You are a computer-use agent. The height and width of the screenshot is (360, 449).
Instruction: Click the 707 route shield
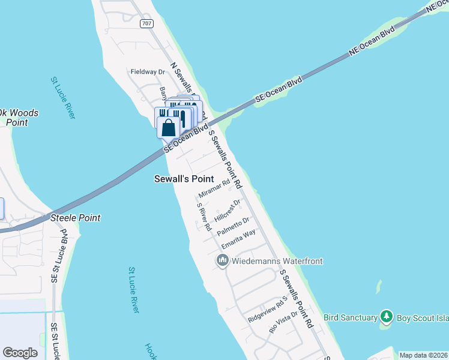[146, 23]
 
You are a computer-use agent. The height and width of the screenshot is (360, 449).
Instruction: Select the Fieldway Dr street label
[148, 72]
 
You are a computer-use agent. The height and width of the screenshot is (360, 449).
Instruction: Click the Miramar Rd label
[214, 190]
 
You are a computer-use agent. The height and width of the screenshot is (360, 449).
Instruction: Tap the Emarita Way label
[238, 239]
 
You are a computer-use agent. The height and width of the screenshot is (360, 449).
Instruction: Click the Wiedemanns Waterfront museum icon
[223, 260]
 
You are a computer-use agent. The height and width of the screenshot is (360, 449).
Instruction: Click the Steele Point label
[75, 218]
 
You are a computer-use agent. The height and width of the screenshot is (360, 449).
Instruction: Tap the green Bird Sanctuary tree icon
[387, 316]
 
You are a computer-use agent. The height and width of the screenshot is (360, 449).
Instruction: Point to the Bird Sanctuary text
[349, 316]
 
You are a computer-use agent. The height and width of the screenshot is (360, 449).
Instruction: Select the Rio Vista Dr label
[283, 323]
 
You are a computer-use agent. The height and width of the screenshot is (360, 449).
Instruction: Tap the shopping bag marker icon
[169, 127]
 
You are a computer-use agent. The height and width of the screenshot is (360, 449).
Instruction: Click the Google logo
[20, 353]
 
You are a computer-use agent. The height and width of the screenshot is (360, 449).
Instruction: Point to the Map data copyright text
[423, 355]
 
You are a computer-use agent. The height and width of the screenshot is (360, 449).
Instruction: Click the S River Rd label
[204, 217]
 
